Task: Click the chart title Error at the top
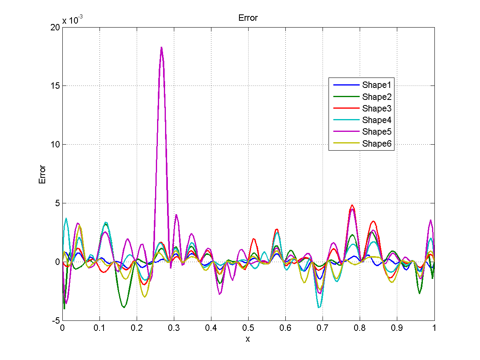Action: pos(248,18)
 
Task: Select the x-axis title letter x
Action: pos(248,339)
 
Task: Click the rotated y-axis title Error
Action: pos(42,174)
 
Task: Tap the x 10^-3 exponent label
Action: pos(73,20)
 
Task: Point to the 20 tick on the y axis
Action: pos(55,27)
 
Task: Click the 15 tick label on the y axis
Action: pos(55,86)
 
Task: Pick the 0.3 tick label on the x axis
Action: pos(174,328)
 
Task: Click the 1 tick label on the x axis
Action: pos(434,328)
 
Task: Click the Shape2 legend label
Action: pos(376,97)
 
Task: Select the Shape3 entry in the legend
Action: pos(376,108)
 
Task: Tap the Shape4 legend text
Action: pos(376,120)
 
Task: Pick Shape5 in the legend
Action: pos(376,132)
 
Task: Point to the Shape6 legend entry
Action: pos(376,144)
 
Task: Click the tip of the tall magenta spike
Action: pos(161,48)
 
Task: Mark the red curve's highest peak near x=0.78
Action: pos(352,205)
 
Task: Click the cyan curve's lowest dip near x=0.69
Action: pos(319,307)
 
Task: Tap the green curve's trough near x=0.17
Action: pos(124,307)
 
